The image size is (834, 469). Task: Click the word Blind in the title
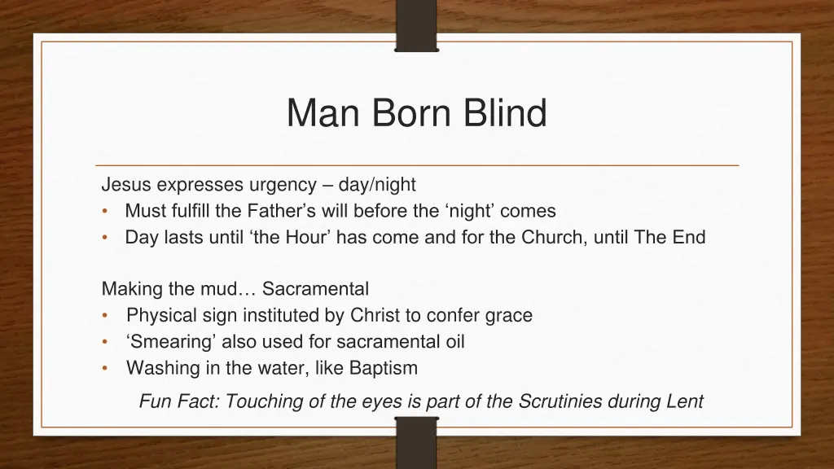pyautogui.click(x=506, y=113)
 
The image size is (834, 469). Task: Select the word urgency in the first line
pyautogui.click(x=286, y=185)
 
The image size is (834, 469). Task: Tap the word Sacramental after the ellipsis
pyautogui.click(x=315, y=289)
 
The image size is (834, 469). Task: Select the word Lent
pyautogui.click(x=685, y=401)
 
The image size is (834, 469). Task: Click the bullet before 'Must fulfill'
pyautogui.click(x=106, y=212)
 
